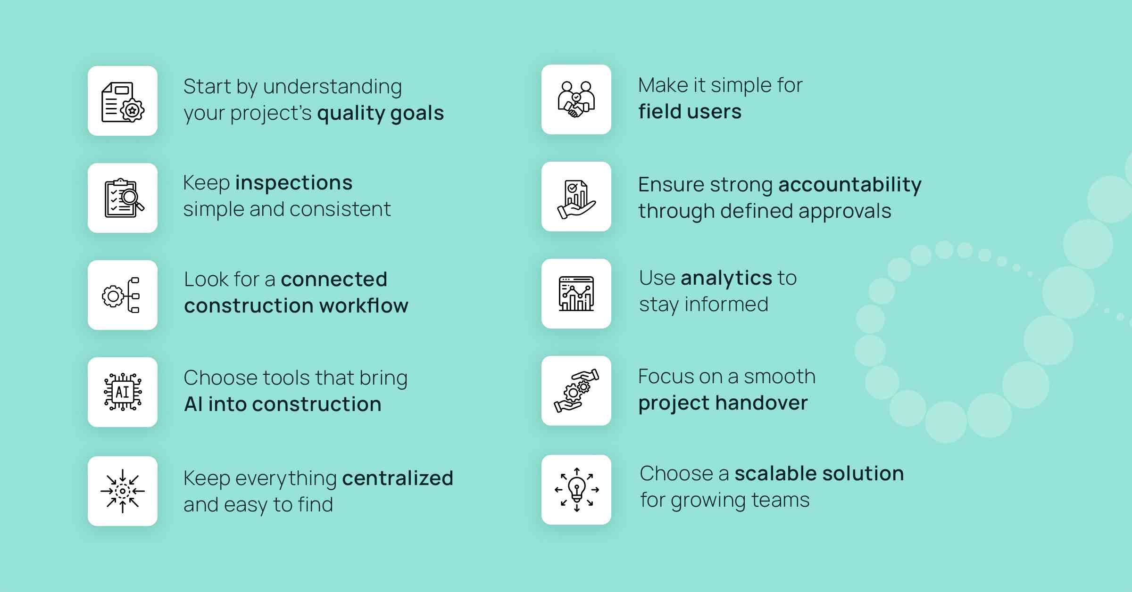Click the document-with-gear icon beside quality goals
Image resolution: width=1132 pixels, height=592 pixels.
(x=123, y=102)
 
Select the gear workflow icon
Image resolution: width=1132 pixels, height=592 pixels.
(x=121, y=295)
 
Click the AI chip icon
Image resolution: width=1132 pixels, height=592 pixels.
(x=123, y=392)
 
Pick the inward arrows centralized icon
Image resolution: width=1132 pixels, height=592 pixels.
(x=123, y=491)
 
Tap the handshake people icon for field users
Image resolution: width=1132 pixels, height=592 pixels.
(x=576, y=99)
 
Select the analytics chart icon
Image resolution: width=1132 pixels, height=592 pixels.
(x=576, y=294)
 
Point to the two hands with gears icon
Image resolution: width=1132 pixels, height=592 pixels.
(x=576, y=391)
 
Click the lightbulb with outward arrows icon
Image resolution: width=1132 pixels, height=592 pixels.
(x=576, y=490)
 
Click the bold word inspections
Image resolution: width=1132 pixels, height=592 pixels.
(x=294, y=183)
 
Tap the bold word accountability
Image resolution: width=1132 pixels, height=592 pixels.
(x=850, y=185)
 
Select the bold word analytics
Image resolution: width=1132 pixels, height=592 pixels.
(x=726, y=279)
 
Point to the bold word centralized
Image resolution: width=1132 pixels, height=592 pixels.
(x=398, y=478)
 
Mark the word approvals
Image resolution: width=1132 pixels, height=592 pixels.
(x=845, y=212)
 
